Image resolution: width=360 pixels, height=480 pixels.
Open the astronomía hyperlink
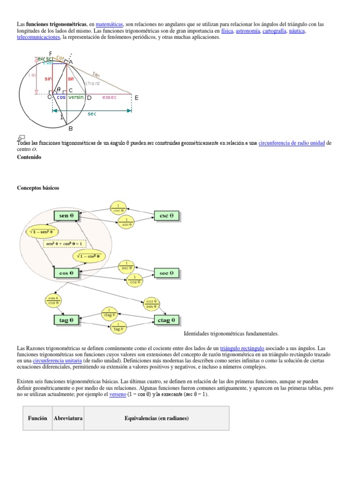248,31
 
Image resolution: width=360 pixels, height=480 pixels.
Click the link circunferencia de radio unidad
291,143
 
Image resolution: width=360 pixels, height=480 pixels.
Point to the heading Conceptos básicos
38,188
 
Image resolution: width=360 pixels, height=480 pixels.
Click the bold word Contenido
29,157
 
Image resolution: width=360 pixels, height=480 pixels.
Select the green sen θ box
67,216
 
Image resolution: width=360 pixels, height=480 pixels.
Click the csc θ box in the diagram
167,216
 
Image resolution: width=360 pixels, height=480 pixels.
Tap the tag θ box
67,320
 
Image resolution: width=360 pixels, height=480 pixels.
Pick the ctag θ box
167,320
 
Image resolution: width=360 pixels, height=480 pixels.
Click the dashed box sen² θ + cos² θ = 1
65,244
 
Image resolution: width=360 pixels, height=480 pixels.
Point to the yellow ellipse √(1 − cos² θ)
89,256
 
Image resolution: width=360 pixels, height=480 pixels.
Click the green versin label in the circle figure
76,97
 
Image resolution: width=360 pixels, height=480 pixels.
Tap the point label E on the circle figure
136,98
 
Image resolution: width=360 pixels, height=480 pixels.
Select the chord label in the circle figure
92,83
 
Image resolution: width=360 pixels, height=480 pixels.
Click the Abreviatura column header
67,418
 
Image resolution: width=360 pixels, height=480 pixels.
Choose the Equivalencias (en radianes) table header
157,418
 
